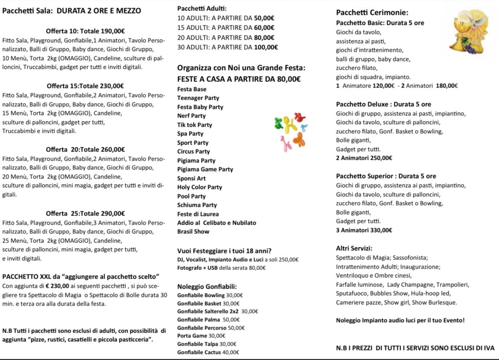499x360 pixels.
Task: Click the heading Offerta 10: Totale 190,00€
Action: coord(85,31)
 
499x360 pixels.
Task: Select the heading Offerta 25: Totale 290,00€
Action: coord(85,213)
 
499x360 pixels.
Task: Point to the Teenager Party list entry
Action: coord(198,98)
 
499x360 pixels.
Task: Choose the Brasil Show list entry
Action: coord(193,232)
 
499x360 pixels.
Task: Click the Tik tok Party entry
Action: coord(195,125)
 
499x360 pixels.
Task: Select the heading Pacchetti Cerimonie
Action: coord(372,13)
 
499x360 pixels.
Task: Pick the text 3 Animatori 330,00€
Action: coord(364,230)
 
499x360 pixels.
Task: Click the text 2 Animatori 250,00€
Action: coord(364,158)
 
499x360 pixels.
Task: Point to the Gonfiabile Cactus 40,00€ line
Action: coord(208,352)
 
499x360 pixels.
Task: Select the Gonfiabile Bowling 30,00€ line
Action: coord(210,295)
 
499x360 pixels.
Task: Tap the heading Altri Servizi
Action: coord(354,249)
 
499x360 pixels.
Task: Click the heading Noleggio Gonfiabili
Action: coord(207,286)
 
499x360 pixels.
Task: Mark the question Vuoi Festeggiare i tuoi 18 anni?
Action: coord(224,251)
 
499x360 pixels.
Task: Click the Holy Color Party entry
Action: coord(199,187)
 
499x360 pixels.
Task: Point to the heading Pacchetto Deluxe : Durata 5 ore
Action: coord(384,104)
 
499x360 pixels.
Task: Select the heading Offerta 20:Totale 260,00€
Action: coord(85,149)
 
